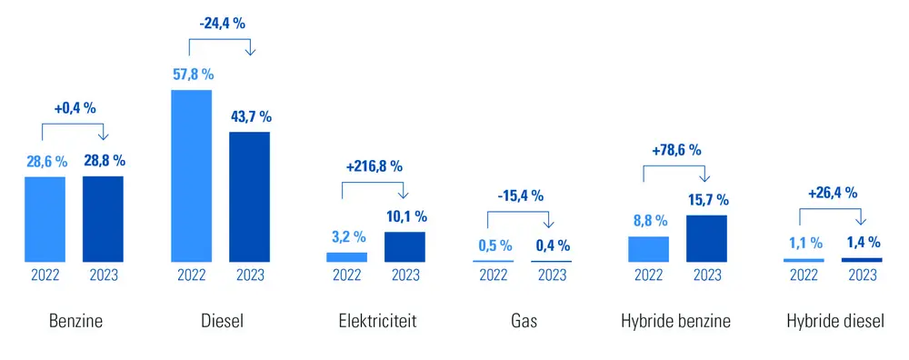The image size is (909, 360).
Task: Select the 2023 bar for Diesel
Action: coord(249,196)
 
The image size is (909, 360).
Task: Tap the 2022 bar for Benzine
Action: coord(45,219)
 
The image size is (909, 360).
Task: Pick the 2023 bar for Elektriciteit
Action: coord(405,246)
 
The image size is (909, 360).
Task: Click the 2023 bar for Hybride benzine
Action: coord(706,238)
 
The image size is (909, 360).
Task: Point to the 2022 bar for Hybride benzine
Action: coord(648,249)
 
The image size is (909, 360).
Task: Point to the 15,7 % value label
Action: coord(706,200)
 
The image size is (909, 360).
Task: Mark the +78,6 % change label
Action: coord(675,150)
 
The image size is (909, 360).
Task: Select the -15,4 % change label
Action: coord(521,195)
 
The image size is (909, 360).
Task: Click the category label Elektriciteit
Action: coord(376,321)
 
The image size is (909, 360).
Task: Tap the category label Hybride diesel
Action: coord(834,321)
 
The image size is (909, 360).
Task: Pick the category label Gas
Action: coord(523,321)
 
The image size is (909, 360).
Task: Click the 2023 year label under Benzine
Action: coord(103,275)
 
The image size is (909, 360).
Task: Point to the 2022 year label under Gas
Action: coord(494,275)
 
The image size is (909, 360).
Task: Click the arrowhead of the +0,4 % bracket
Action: coord(103,137)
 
